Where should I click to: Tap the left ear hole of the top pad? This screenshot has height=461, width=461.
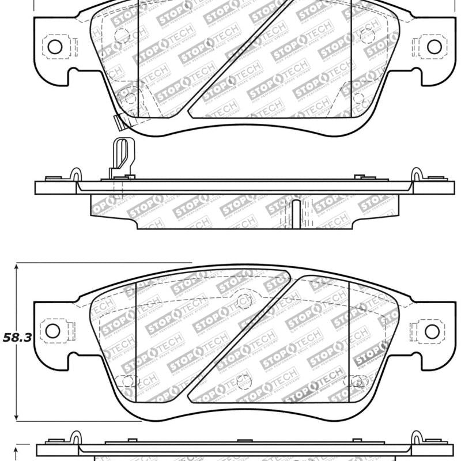[x=55, y=47]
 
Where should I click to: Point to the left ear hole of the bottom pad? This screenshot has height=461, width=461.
[x=52, y=331]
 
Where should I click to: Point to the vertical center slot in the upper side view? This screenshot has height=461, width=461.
[x=296, y=213]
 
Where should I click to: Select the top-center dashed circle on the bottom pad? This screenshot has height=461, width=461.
[x=244, y=301]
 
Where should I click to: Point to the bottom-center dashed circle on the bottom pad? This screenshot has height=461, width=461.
[x=244, y=381]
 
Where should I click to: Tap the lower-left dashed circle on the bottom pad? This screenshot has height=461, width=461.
[x=123, y=381]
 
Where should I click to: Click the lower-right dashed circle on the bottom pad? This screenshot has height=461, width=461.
[x=357, y=381]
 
